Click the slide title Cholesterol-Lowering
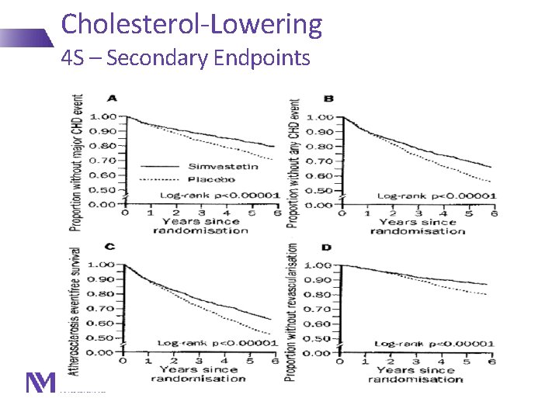point(191,24)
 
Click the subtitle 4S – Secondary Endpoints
point(186,58)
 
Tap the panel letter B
point(328,99)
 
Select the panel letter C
point(111,246)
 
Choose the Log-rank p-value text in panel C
point(218,342)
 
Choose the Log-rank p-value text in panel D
point(435,343)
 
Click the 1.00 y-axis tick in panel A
point(104,117)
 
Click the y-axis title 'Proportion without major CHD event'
point(78,163)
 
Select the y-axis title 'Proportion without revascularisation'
point(292,312)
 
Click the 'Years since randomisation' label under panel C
point(198,374)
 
